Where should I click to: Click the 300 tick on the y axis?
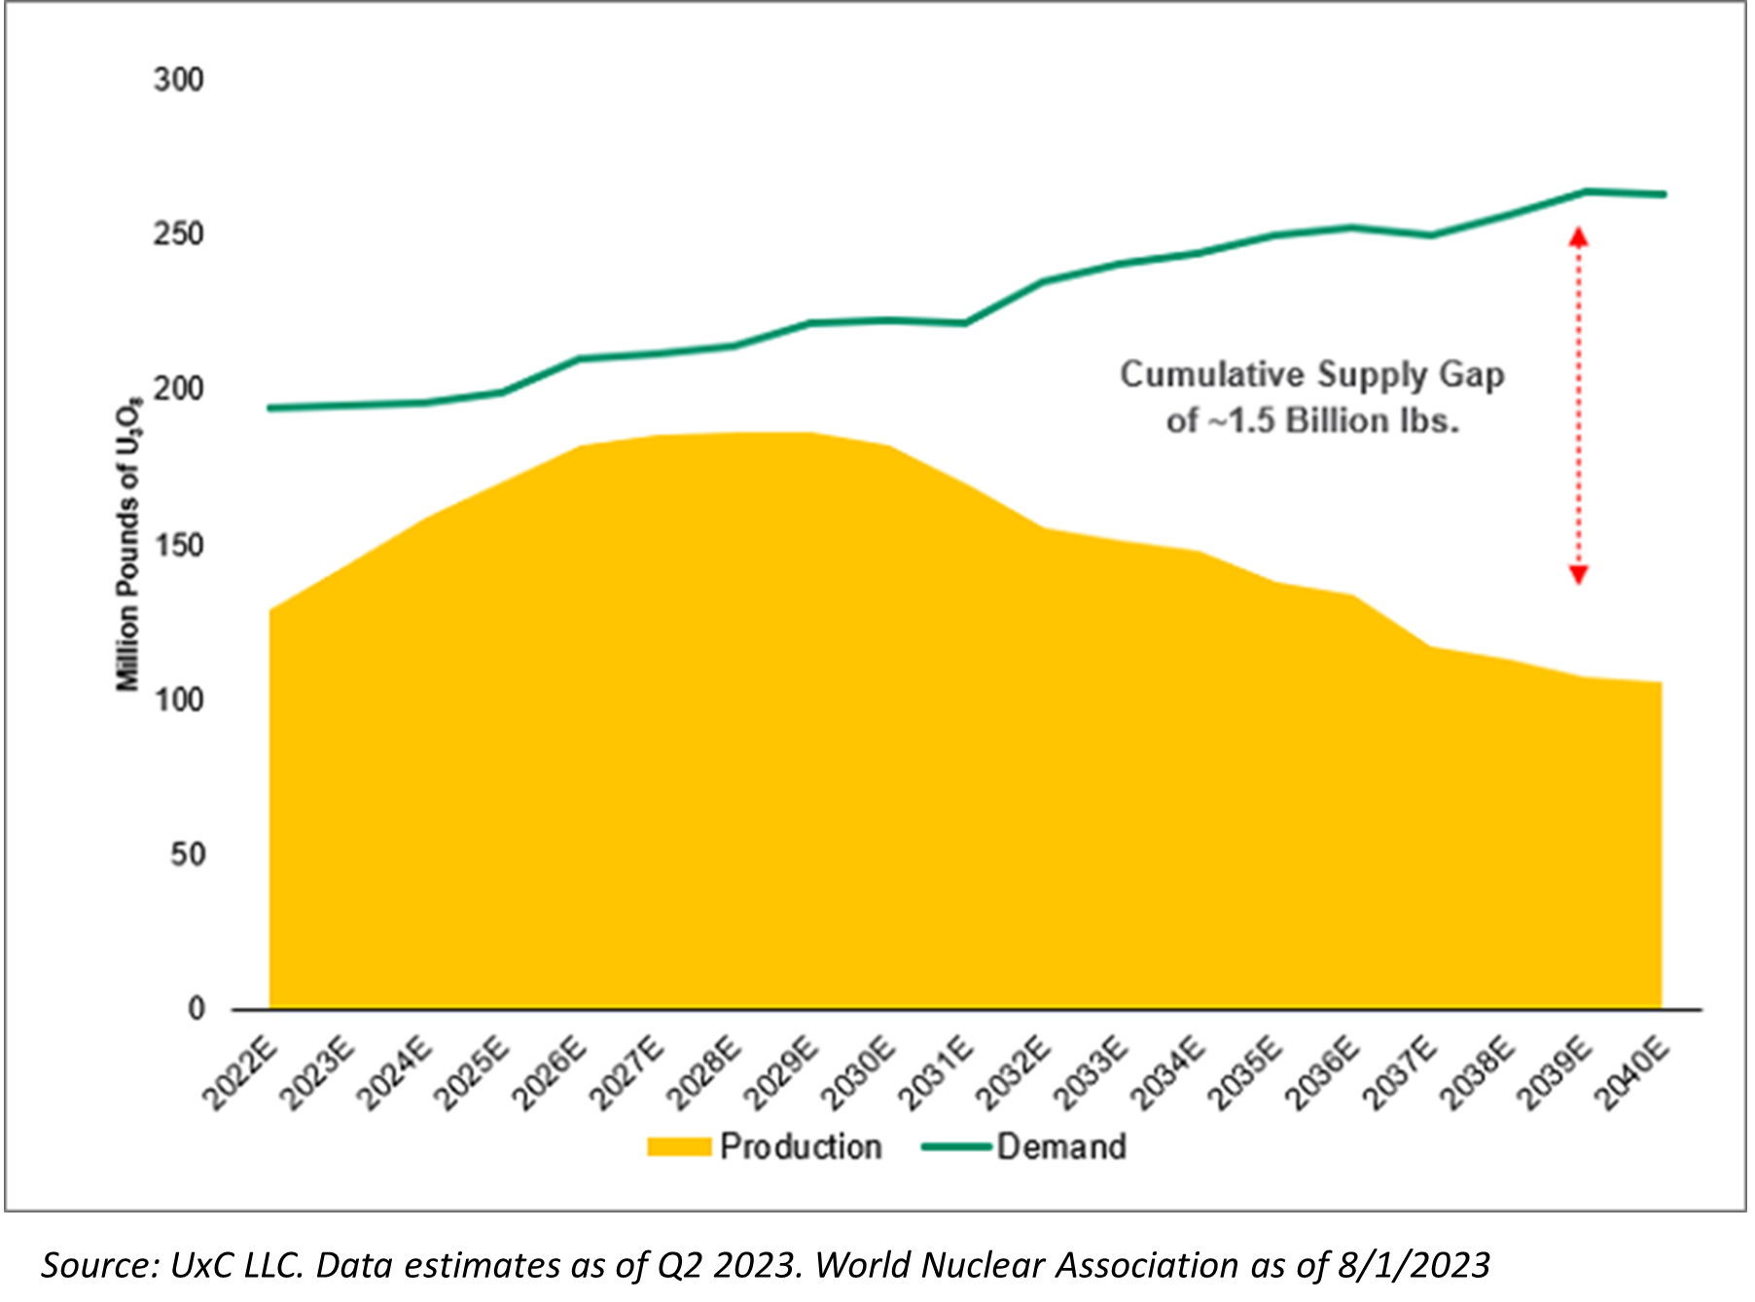click(178, 80)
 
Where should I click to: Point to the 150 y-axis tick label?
click(178, 545)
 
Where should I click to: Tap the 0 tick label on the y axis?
click(197, 1009)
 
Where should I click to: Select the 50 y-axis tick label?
click(187, 854)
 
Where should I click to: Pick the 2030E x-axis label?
click(858, 1074)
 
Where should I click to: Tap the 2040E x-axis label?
click(1633, 1074)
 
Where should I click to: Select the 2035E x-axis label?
click(1246, 1074)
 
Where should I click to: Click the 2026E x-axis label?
click(550, 1074)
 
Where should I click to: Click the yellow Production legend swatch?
click(679, 1147)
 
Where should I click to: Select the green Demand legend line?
click(957, 1147)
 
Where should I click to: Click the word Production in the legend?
click(800, 1147)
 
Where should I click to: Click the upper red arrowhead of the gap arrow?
click(1578, 236)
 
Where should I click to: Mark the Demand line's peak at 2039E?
click(1586, 191)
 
